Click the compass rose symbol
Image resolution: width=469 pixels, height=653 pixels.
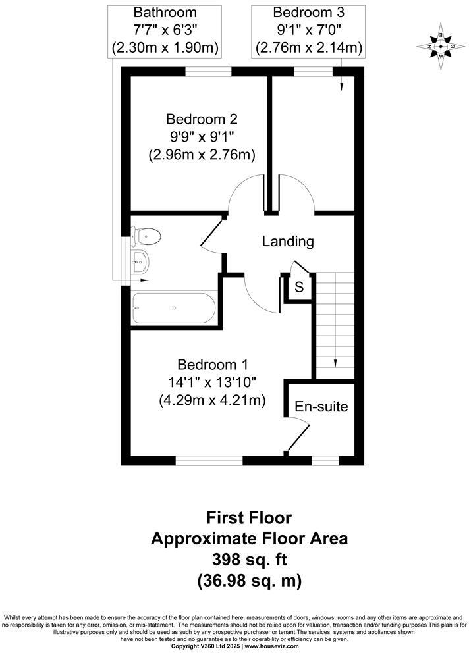pos(440,46)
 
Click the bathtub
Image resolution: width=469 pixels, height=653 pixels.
pos(173,307)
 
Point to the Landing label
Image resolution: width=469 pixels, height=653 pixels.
pos(288,242)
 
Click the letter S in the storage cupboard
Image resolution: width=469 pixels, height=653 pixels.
pos(299,287)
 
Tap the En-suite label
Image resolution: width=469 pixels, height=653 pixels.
pos(321,406)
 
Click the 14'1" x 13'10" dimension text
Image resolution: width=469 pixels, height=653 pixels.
pos(211,382)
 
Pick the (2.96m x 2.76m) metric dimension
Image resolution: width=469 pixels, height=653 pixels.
pos(202,155)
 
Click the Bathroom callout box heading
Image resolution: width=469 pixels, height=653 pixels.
pos(165,13)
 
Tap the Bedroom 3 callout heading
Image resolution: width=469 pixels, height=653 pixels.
pos(308,13)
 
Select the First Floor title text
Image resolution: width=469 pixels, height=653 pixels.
pos(249,517)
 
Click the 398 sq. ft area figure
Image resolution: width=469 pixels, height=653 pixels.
pos(249,560)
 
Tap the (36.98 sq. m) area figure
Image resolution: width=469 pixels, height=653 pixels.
pos(249,581)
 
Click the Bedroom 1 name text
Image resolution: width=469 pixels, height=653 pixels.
pos(211,364)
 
